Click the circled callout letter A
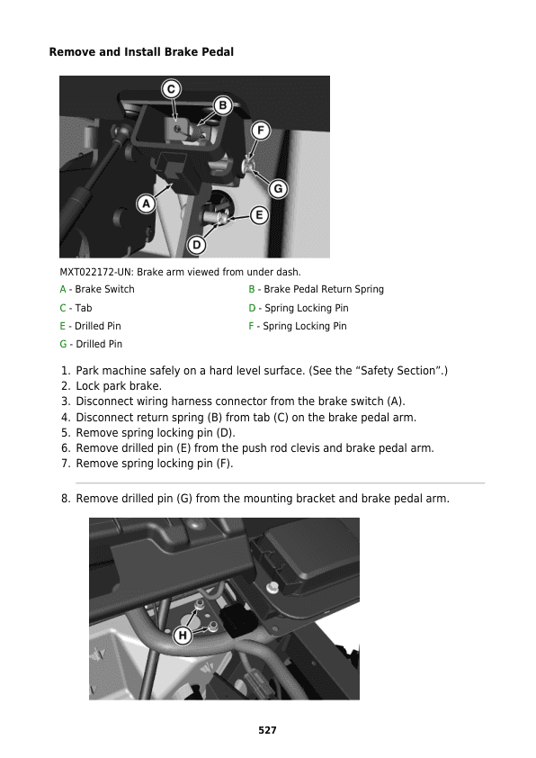(x=146, y=204)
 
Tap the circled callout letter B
(x=223, y=105)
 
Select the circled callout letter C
(x=171, y=89)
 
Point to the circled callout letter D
(x=197, y=245)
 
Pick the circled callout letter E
(x=259, y=215)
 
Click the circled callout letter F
(x=261, y=131)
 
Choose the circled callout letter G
(x=278, y=188)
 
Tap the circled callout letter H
(x=183, y=636)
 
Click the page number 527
(x=267, y=730)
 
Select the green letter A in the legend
(x=63, y=289)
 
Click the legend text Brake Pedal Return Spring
(x=324, y=289)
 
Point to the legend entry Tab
(x=84, y=308)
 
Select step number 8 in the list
(x=66, y=499)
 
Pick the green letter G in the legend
(x=63, y=344)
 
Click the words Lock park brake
(x=119, y=386)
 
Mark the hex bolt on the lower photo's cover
(x=272, y=587)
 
